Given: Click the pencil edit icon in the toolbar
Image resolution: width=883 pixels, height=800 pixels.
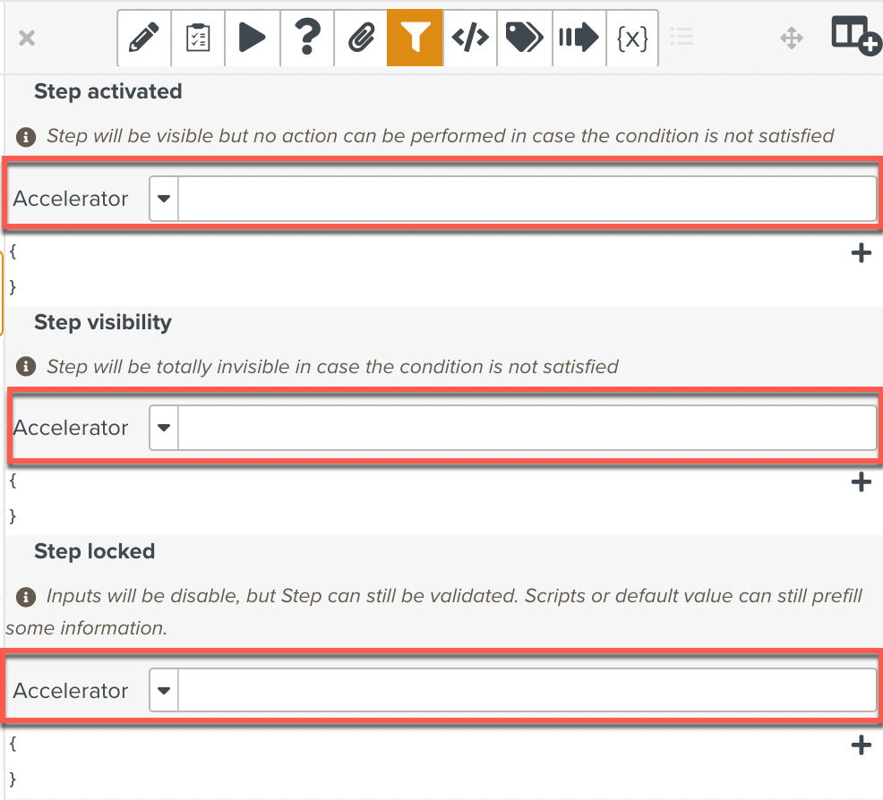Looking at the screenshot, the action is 143,38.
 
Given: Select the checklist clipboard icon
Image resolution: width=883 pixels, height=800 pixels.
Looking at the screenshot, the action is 198,38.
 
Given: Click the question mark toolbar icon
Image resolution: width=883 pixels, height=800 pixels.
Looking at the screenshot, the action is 307,37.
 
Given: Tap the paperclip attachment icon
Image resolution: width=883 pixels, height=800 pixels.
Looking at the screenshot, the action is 361,38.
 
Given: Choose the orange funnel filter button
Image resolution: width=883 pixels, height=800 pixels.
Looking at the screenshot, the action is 415,38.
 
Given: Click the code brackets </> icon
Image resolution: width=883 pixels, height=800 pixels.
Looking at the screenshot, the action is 470,38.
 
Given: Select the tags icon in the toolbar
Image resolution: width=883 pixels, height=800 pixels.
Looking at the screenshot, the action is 524,37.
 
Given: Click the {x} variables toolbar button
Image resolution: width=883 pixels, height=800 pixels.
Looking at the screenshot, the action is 632,38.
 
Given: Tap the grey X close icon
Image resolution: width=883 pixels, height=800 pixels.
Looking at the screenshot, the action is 27,38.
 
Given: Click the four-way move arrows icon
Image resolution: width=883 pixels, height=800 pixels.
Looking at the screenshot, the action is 792,38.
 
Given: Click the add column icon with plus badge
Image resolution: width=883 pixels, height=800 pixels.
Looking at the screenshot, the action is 856,35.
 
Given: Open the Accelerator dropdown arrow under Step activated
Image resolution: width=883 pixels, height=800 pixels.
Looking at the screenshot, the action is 164,199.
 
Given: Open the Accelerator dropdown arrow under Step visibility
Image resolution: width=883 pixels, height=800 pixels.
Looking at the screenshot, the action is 164,428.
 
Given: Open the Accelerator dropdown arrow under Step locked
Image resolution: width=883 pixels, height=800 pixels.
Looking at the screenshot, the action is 164,690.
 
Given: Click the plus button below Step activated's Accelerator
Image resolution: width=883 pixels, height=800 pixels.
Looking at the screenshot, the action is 861,252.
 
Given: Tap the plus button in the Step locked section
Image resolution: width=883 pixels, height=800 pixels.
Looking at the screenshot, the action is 861,745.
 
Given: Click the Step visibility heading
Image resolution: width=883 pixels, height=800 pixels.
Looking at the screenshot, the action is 103,322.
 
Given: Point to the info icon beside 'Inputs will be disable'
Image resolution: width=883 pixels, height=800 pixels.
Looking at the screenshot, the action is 26,596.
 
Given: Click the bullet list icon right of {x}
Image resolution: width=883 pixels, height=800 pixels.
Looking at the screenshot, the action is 682,37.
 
